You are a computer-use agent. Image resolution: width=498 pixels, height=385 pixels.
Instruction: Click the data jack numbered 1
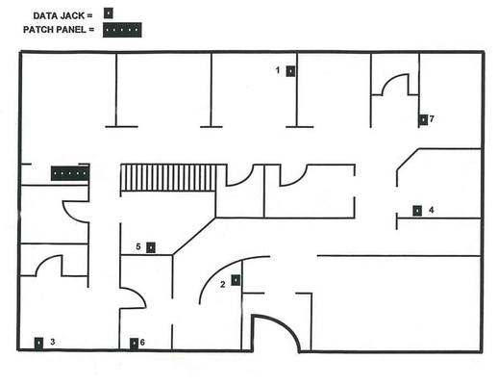click(290, 71)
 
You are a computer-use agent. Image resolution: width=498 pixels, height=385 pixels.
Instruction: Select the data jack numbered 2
click(236, 280)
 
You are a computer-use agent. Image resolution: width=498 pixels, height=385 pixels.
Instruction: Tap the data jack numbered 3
click(38, 343)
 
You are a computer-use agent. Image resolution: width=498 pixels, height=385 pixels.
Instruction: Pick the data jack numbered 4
click(417, 211)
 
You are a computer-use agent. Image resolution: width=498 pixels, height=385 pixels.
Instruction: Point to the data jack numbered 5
click(151, 247)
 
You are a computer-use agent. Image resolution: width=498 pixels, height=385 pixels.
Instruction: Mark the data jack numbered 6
click(134, 344)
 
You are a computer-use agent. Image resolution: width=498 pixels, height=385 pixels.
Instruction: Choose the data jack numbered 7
click(423, 119)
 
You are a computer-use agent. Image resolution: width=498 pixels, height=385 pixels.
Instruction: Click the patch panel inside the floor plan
click(70, 173)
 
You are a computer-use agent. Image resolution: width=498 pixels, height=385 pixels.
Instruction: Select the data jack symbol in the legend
click(109, 13)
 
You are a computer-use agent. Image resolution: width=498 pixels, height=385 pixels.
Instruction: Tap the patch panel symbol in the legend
click(122, 30)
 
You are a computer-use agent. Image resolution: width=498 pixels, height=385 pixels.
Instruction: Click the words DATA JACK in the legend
click(59, 15)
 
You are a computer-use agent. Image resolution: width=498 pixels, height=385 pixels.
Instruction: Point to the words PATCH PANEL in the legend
click(55, 30)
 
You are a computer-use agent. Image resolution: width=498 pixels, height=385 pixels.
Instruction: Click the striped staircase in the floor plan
click(168, 178)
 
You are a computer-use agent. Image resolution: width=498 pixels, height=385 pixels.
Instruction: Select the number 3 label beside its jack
click(53, 342)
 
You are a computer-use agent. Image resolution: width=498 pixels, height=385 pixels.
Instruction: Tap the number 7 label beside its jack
click(432, 119)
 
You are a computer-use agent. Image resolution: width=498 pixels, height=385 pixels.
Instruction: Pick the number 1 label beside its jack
click(278, 70)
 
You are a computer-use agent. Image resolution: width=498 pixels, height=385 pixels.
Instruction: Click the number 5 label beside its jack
click(138, 246)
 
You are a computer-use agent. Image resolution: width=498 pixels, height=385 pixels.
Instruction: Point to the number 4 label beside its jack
click(432, 210)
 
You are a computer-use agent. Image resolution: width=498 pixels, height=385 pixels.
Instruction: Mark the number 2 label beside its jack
click(223, 284)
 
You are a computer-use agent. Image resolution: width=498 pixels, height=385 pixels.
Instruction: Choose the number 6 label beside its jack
click(142, 343)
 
